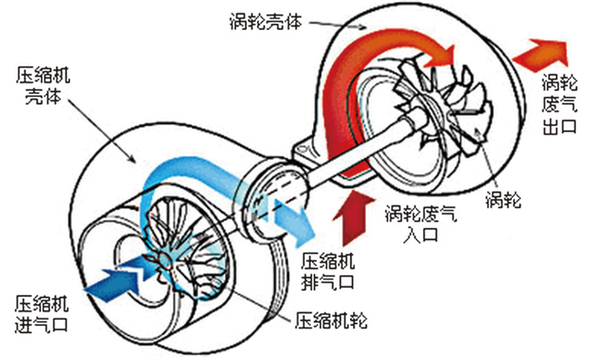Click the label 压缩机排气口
tap(328, 271)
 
